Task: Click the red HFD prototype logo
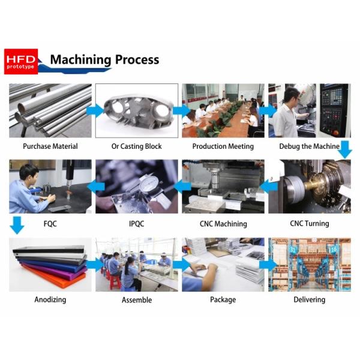click(x=21, y=61)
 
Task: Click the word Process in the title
click(x=137, y=59)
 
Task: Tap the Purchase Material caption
click(x=50, y=146)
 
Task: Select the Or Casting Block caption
click(x=137, y=146)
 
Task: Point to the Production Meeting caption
click(x=223, y=146)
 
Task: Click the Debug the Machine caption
click(x=309, y=146)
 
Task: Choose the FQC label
click(x=50, y=224)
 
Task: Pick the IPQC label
click(x=137, y=224)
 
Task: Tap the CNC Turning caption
click(x=310, y=223)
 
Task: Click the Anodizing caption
click(x=50, y=299)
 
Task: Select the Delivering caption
click(x=310, y=299)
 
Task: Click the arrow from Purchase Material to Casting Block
click(x=95, y=111)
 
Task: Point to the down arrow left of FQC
click(x=17, y=225)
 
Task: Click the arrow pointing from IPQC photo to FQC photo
click(x=96, y=187)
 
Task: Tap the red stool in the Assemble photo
click(x=115, y=283)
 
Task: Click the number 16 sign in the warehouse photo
click(x=334, y=250)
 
